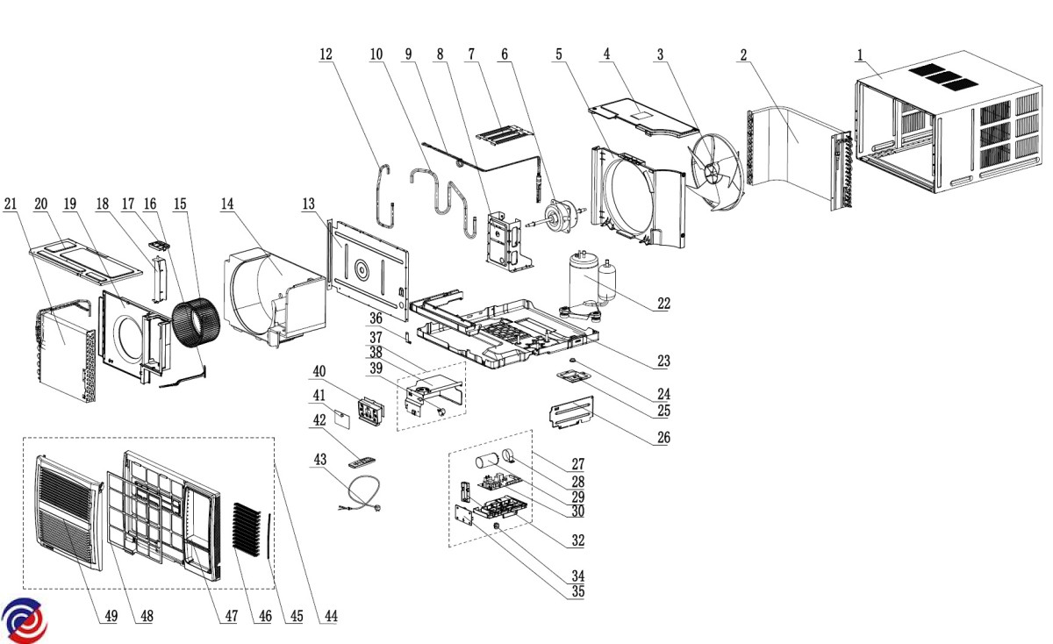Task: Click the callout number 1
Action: (861, 54)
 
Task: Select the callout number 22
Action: (663, 304)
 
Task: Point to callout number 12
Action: (326, 54)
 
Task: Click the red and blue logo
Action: (24, 620)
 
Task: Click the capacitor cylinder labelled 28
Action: (486, 462)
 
